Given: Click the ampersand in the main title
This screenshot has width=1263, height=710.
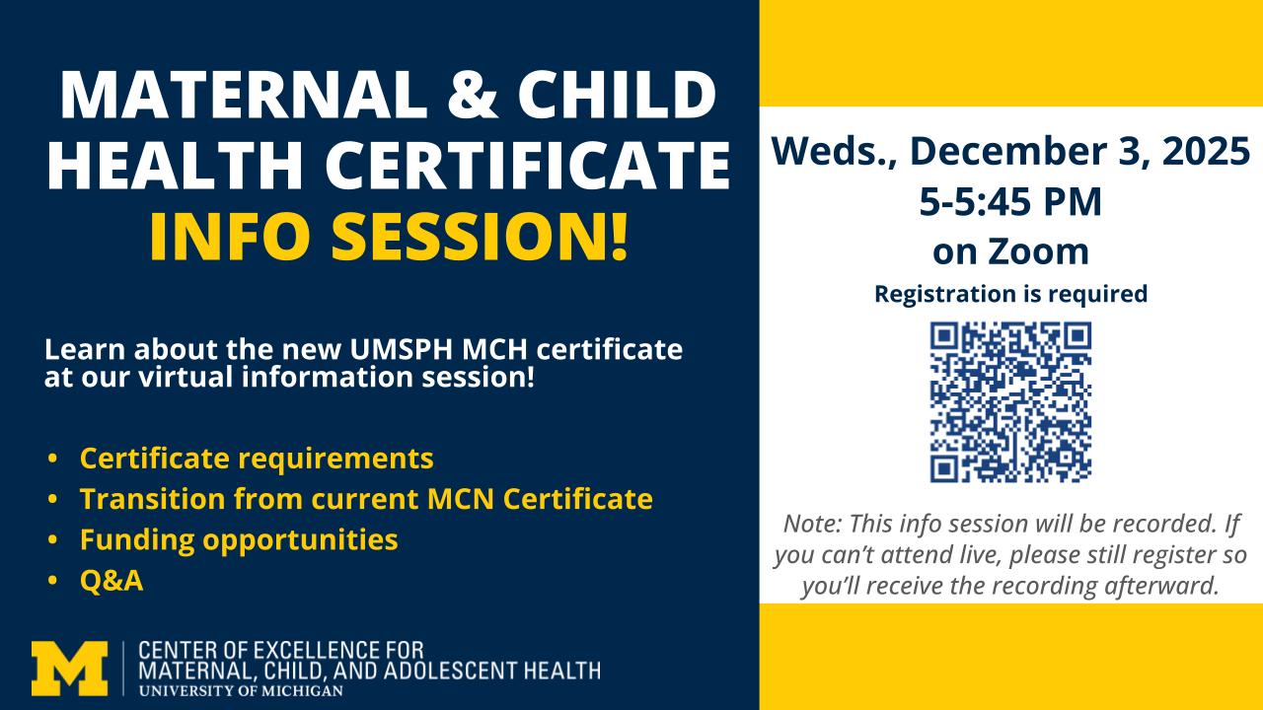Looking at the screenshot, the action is pyautogui.click(x=473, y=94).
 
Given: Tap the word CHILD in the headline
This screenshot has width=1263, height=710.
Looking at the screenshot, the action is pyautogui.click(x=618, y=94).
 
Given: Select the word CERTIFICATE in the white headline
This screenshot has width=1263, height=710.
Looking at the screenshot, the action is pyautogui.click(x=528, y=165).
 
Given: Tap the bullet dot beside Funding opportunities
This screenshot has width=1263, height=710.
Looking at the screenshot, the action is pyautogui.click(x=53, y=539).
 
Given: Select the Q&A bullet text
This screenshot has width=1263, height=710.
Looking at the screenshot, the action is pyautogui.click(x=111, y=581).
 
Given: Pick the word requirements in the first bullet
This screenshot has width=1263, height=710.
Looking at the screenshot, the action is pyautogui.click(x=336, y=460).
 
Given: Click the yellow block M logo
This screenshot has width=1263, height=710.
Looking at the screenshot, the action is pyautogui.click(x=69, y=669).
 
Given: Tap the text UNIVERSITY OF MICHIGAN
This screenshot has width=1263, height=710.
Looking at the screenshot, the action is pyautogui.click(x=241, y=691).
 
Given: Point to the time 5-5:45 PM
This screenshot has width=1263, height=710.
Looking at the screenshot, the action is pyautogui.click(x=1010, y=201).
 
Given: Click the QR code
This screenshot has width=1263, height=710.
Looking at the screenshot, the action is pyautogui.click(x=1010, y=401).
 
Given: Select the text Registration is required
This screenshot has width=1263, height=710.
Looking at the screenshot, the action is pyautogui.click(x=1010, y=294).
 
